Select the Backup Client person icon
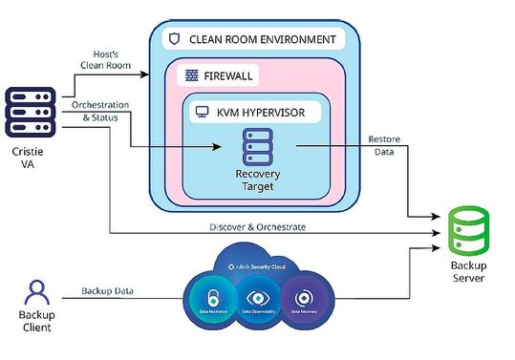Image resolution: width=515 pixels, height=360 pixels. tap(37, 292)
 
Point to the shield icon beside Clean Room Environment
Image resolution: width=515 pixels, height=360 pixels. tap(174, 40)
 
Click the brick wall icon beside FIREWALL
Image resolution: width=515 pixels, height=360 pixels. tap(190, 74)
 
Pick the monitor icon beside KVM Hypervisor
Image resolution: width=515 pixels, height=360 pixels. tap(203, 112)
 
